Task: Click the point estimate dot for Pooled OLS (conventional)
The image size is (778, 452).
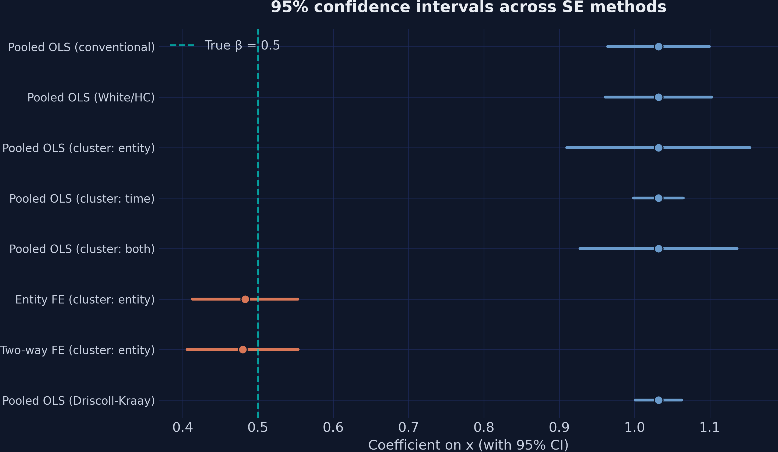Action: pos(659,47)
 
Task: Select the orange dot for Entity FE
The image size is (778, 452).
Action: pos(245,299)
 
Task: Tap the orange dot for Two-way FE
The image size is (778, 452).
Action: pos(243,349)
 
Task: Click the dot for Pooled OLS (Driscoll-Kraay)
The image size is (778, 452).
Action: pos(659,400)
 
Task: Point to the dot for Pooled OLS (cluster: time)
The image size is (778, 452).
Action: pos(659,198)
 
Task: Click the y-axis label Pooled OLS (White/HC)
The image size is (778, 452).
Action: pos(91,98)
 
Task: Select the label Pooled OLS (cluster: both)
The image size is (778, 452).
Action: pos(82,249)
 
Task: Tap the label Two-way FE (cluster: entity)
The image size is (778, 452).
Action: pos(77,350)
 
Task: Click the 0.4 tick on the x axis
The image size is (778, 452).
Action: pos(182,428)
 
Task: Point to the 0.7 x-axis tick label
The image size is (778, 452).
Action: pos(409,428)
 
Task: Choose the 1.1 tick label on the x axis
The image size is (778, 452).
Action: pos(709,428)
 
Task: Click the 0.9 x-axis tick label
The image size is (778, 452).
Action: pos(559,428)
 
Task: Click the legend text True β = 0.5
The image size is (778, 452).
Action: pos(242,45)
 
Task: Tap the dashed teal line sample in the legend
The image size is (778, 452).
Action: pos(182,45)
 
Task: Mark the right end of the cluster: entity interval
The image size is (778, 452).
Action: pos(750,148)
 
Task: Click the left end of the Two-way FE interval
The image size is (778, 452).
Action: pos(187,349)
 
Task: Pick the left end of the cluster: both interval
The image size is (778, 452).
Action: pos(580,249)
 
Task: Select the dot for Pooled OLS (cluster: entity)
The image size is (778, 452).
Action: pos(659,148)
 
